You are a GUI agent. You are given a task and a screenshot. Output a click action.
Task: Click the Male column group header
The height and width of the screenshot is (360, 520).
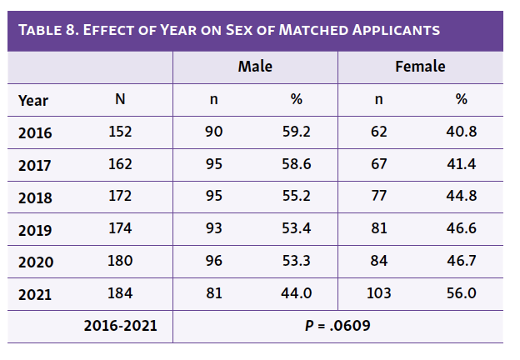coord(255,67)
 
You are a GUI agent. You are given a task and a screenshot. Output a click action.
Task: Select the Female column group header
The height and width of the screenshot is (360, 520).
coord(420,67)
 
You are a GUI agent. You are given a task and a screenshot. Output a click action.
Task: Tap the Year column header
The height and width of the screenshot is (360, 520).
coord(33,100)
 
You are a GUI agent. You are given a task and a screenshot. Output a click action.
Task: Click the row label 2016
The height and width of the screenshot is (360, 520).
coord(35,132)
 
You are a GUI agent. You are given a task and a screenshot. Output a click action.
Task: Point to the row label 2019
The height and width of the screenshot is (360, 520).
coord(35,229)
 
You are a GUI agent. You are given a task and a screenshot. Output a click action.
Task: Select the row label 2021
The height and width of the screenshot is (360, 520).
coord(35,294)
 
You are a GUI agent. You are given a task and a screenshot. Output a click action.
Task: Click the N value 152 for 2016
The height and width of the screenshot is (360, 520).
coord(120,132)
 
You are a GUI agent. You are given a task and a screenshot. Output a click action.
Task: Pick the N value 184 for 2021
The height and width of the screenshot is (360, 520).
coord(120,293)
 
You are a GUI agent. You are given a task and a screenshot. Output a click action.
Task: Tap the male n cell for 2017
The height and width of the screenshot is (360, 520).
coord(214,164)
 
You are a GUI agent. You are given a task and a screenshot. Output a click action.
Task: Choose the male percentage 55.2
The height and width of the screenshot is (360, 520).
coord(296,197)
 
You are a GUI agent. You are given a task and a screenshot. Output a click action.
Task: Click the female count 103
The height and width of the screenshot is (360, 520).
coord(379,293)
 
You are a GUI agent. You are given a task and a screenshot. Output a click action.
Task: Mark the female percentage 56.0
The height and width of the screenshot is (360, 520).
coord(461,293)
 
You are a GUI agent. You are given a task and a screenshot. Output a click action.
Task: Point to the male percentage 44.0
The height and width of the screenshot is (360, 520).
coord(296,293)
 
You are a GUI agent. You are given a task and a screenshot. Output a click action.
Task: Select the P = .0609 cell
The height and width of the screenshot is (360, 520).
coord(337,325)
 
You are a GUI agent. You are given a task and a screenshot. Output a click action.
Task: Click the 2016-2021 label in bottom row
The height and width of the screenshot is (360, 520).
coord(120,325)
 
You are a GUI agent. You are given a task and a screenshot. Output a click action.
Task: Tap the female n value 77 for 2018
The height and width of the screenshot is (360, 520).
coord(379,197)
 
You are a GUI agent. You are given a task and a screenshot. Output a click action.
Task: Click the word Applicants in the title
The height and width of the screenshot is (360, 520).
coord(391,31)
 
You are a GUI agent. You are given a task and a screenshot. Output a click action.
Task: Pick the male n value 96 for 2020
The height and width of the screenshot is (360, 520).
coord(214,261)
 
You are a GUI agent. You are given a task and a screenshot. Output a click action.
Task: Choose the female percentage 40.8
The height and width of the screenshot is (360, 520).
coord(461,132)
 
